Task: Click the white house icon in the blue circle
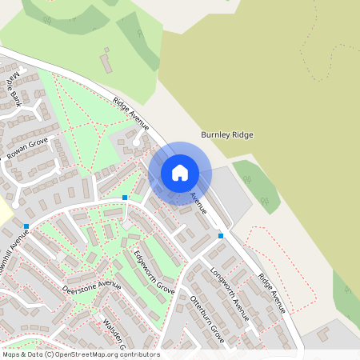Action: (180, 173)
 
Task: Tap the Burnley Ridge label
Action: (227, 135)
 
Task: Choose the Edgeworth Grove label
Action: (154, 272)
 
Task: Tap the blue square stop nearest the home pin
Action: (125, 197)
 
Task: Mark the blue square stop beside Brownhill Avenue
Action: (26, 226)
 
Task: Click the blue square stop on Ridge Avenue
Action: (221, 235)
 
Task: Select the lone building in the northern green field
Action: (106, 60)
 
